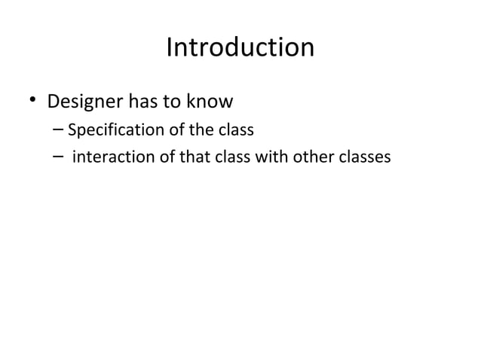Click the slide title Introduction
click(x=240, y=48)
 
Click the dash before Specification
click(x=59, y=130)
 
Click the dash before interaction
click(x=59, y=158)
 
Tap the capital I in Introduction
click(x=170, y=48)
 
